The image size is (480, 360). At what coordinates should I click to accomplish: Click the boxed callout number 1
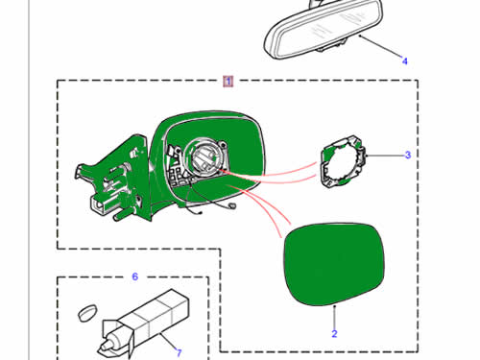click(x=228, y=82)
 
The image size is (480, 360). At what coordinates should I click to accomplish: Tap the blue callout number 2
click(x=334, y=334)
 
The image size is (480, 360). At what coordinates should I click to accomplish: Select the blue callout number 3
click(x=407, y=155)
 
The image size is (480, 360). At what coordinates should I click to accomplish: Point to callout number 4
click(x=405, y=60)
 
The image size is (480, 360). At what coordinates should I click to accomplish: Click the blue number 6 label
click(x=135, y=276)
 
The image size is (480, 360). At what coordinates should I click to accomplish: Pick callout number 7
click(x=180, y=352)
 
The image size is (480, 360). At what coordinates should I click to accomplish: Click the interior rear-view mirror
click(x=324, y=31)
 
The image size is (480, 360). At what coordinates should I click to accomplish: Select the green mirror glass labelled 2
click(x=334, y=265)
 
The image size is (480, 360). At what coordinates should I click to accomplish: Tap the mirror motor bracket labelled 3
click(x=343, y=161)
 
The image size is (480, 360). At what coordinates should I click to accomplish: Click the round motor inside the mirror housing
click(x=205, y=156)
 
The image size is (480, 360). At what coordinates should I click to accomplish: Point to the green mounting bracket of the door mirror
click(x=112, y=180)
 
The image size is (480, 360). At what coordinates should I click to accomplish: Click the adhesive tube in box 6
click(x=146, y=324)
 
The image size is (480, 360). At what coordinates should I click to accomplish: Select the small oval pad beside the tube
click(x=87, y=313)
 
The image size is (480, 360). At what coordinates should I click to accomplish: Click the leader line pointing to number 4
click(x=380, y=46)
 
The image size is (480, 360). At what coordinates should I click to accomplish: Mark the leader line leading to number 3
click(x=385, y=156)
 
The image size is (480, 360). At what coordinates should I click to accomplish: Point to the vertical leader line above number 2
click(x=334, y=317)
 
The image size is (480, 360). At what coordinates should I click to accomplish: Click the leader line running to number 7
click(x=168, y=341)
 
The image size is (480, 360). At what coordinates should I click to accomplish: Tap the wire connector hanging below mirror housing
click(x=232, y=205)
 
